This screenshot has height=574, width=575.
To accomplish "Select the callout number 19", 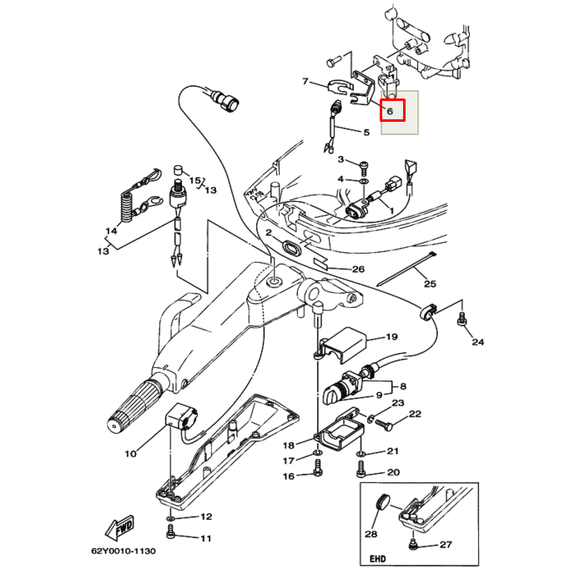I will [391, 337].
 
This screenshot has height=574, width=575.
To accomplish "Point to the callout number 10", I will [130, 454].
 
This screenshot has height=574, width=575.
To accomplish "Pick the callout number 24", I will [477, 342].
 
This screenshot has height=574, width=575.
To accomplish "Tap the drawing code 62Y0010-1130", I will [124, 551].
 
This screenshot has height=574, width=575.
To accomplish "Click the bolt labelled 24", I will [462, 318].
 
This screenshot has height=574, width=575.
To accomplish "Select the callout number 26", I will [358, 269].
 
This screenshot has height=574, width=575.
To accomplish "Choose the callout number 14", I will [111, 231].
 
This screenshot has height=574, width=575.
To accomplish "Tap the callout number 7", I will [305, 82].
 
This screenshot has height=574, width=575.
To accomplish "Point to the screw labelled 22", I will [384, 424].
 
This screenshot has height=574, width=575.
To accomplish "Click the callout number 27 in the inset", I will [446, 545].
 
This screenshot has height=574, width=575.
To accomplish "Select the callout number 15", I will [194, 180].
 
